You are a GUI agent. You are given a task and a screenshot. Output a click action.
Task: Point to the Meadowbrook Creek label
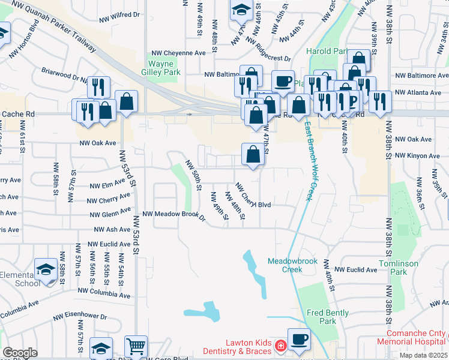click(292, 265)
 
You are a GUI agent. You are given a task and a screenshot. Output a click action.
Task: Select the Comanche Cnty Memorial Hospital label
click(411, 337)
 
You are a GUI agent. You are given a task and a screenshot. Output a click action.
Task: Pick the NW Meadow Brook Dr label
click(174, 215)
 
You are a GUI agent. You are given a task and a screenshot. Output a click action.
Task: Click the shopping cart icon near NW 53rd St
click(136, 346)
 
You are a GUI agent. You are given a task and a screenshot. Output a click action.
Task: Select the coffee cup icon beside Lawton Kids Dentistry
click(299, 339)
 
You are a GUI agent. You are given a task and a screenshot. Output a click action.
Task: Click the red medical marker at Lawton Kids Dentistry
click(280, 346)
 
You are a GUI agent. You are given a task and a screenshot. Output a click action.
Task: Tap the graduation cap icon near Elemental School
click(46, 269)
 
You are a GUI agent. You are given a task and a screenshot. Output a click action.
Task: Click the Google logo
click(20, 353)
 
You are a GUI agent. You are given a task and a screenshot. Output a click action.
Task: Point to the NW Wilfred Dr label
click(121, 13)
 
